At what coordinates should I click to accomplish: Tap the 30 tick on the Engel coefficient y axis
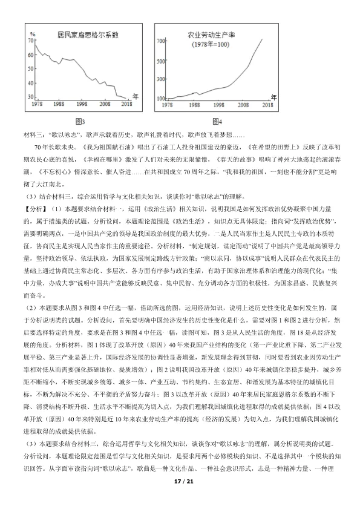(31, 97)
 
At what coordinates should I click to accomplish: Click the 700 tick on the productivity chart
(162, 41)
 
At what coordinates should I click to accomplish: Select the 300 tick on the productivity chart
(162, 79)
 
